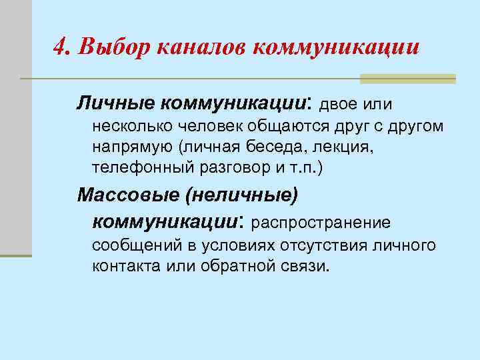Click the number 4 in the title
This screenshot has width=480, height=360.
coord(59,48)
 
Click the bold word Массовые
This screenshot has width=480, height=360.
coord(127,196)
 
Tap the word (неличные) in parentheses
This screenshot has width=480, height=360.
coord(243,196)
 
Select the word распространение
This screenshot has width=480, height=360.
coord(321,221)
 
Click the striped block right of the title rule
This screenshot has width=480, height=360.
coord(407,79)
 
